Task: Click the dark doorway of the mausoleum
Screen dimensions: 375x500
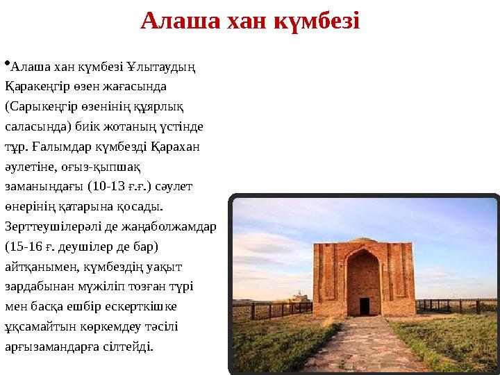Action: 364,306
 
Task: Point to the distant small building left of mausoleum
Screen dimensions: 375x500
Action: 301,298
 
